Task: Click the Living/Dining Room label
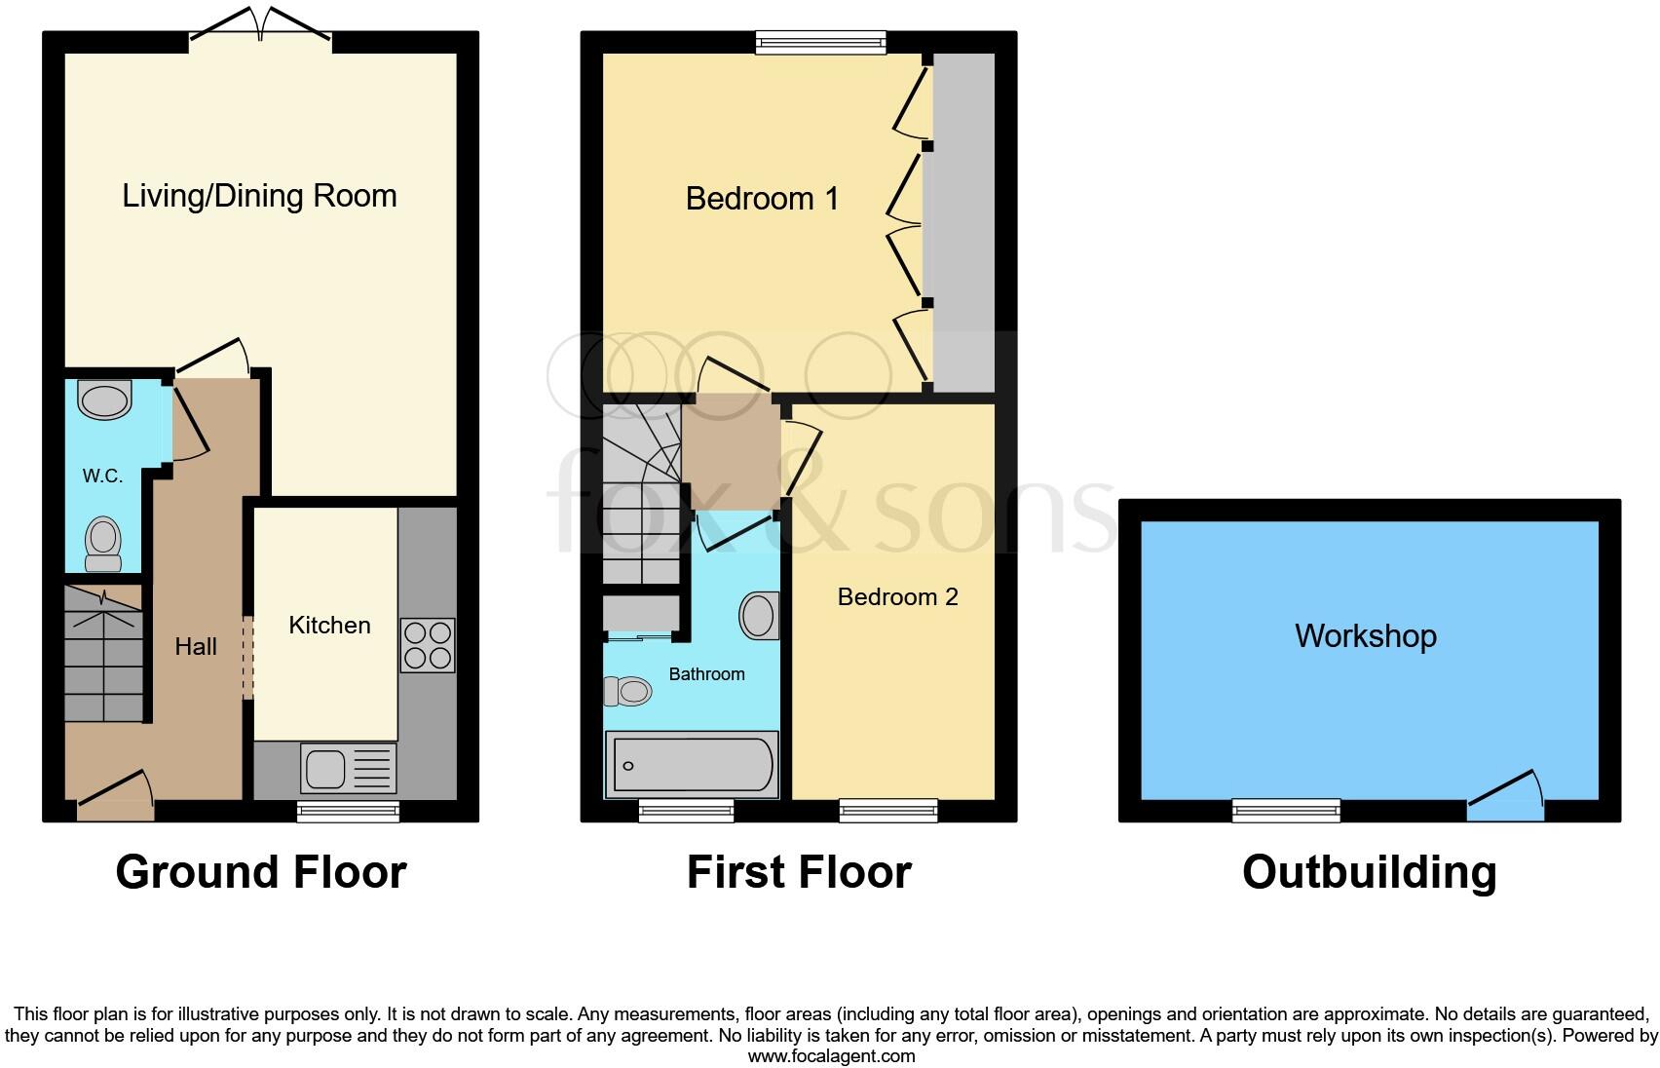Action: pyautogui.click(x=259, y=196)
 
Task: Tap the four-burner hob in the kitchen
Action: pyautogui.click(x=428, y=645)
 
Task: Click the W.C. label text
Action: pyautogui.click(x=102, y=476)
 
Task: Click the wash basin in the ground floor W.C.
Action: pyautogui.click(x=104, y=400)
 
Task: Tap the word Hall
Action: pyautogui.click(x=196, y=646)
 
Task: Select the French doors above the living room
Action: pyautogui.click(x=260, y=25)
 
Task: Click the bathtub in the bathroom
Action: pyautogui.click(x=692, y=765)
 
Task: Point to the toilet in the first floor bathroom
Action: pyautogui.click(x=627, y=692)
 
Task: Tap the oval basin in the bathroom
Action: pyautogui.click(x=759, y=616)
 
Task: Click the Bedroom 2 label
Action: pyautogui.click(x=897, y=596)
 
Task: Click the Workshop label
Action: pyautogui.click(x=1365, y=635)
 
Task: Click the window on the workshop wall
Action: pyautogui.click(x=1286, y=810)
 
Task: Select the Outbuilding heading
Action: pyautogui.click(x=1369, y=871)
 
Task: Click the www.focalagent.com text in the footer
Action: pyautogui.click(x=831, y=1055)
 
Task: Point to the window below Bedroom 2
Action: pyautogui.click(x=888, y=810)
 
